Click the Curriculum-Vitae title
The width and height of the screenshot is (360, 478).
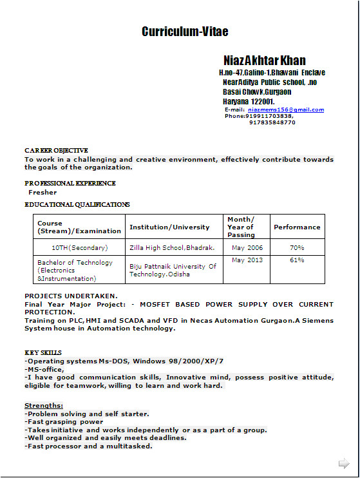point(185,32)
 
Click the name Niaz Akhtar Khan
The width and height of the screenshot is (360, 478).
point(265,61)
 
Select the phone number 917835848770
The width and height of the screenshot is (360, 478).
point(272,122)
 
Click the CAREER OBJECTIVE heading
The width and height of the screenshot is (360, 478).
point(56,150)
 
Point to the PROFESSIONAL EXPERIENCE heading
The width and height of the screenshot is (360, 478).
point(70,183)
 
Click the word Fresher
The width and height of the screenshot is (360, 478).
point(43,192)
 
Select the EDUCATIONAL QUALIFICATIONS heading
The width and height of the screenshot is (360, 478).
point(77,204)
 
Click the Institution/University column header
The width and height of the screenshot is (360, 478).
point(169,227)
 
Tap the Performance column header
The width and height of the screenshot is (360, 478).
point(297,227)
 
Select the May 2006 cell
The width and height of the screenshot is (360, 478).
point(247,247)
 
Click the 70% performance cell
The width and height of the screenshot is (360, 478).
point(297,247)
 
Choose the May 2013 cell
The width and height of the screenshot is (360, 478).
point(247,260)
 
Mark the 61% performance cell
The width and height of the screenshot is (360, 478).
point(297,260)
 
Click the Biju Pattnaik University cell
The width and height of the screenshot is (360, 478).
point(173,270)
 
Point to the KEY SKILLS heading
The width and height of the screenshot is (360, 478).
point(43,352)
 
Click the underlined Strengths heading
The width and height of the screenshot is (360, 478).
point(44,405)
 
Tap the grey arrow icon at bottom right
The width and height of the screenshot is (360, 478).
point(344,463)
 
